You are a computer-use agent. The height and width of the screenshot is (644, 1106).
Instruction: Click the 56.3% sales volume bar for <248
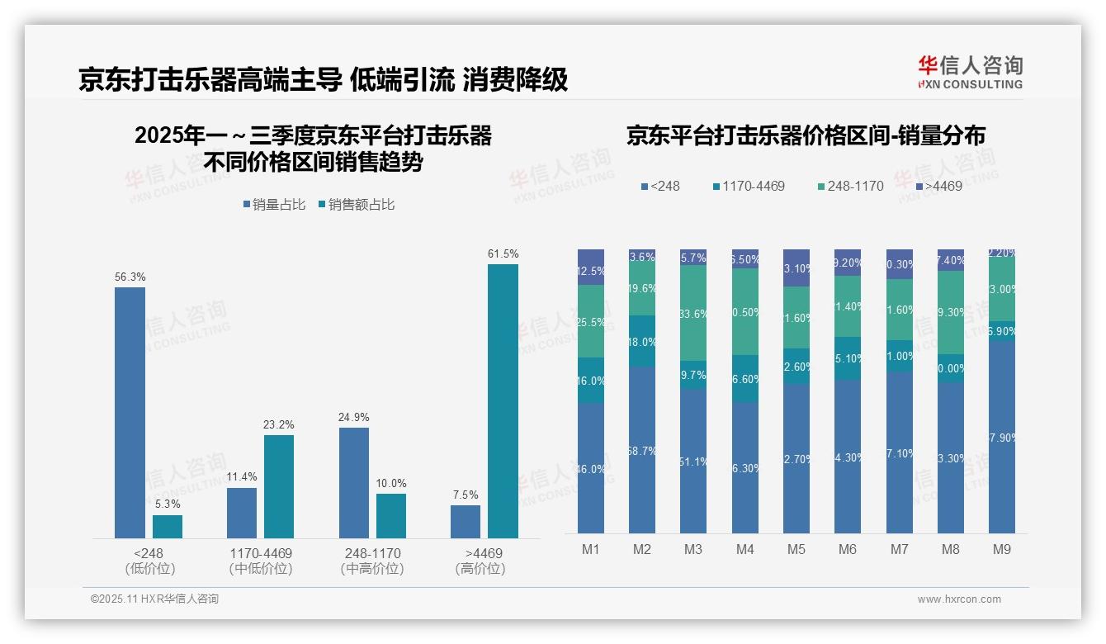pyautogui.click(x=130, y=413)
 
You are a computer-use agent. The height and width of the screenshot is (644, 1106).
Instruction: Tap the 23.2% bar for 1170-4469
pyautogui.click(x=279, y=486)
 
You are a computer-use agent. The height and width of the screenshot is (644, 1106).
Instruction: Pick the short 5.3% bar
pyautogui.click(x=168, y=527)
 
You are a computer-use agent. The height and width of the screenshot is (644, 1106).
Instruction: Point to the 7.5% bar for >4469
pyautogui.click(x=466, y=522)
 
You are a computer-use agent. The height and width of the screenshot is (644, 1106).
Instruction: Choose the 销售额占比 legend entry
pyautogui.click(x=356, y=205)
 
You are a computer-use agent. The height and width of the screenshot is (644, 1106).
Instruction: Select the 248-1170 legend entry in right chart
pyautogui.click(x=849, y=187)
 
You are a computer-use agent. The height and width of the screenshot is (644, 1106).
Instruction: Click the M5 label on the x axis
pyautogui.click(x=796, y=549)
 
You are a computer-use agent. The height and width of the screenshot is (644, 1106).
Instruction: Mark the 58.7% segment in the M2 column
pyautogui.click(x=642, y=450)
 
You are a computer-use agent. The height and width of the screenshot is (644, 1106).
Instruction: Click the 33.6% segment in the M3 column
pyautogui.click(x=693, y=313)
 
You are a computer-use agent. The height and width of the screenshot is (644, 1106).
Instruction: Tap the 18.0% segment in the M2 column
pyautogui.click(x=642, y=341)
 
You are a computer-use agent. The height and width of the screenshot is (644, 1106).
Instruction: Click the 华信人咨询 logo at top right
pyautogui.click(x=970, y=72)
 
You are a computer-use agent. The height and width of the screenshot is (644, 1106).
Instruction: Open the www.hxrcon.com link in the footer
pyautogui.click(x=959, y=599)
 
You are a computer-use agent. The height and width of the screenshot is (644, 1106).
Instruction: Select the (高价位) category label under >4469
pyautogui.click(x=480, y=569)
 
